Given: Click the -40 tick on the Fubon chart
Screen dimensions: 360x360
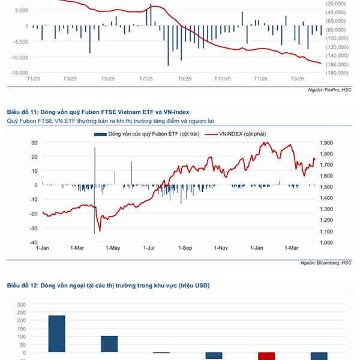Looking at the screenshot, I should [34, 242].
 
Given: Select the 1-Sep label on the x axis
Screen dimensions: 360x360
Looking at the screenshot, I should [185, 248].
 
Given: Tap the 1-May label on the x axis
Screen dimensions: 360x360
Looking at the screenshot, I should [113, 248].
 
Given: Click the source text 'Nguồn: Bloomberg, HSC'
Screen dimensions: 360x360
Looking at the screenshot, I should [326, 263].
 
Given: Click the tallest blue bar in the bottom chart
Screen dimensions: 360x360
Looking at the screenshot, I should [56, 334].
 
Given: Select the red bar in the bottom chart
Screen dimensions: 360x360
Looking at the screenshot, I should [266, 356].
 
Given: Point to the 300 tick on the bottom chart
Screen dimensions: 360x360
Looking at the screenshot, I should [22, 305].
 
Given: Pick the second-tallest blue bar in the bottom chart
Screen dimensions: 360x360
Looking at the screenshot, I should [109, 344].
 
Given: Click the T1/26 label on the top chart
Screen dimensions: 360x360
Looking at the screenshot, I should [260, 79].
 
